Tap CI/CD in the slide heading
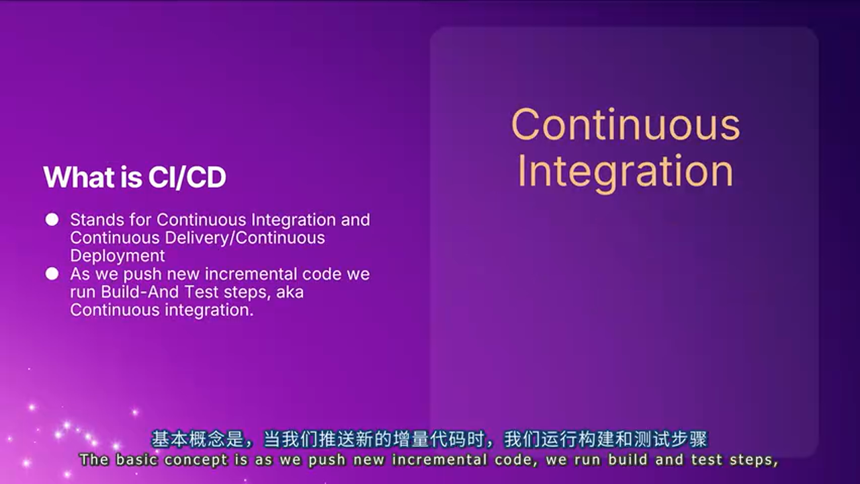(187, 177)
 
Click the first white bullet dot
(52, 220)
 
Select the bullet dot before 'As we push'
(52, 274)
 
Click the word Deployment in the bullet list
(118, 256)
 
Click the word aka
(290, 292)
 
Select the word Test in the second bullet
(201, 292)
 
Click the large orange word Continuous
(626, 125)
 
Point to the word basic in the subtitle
(137, 459)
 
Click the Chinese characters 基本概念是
(198, 439)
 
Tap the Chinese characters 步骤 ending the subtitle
(689, 439)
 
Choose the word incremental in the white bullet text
(251, 274)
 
